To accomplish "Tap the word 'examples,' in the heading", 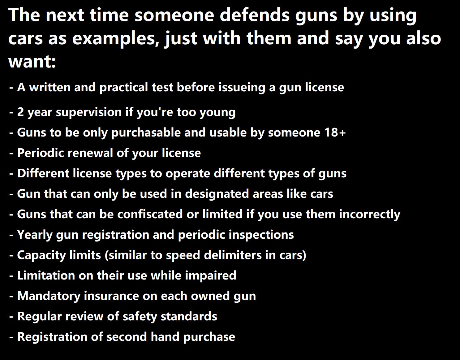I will [116, 38].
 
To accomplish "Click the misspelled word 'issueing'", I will [242, 87].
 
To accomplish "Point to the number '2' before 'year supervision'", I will [20, 112].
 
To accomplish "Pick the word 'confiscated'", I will [150, 214].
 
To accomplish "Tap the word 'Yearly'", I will [35, 235].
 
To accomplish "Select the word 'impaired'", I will [210, 275].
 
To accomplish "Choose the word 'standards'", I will [189, 316].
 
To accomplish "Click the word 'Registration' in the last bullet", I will [52, 337].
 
